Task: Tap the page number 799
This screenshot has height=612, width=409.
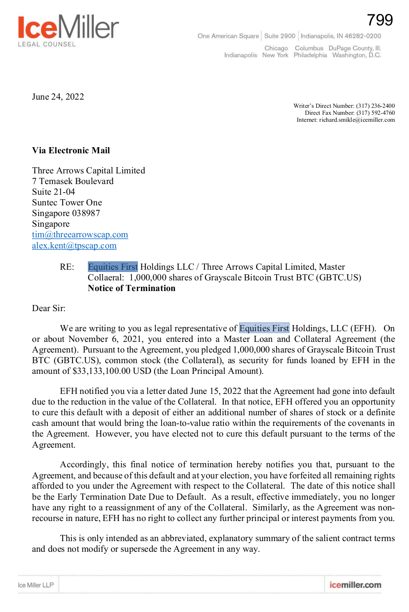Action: coord(380,20)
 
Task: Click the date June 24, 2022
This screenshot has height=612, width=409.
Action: coord(58,97)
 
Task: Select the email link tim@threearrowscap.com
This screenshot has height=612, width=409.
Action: coord(80,234)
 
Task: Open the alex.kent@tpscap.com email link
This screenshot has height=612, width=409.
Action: coord(74,246)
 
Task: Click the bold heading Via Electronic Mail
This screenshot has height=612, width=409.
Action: coord(71,150)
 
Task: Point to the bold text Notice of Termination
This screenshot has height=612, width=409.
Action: coord(132,288)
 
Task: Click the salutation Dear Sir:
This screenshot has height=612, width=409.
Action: coord(49,308)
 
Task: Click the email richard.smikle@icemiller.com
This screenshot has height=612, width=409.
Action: coord(357,120)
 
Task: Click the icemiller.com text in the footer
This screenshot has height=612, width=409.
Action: coord(355,585)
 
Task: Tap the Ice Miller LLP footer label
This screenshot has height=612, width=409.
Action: coord(36,585)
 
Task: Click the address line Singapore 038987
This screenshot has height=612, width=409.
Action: coord(66,213)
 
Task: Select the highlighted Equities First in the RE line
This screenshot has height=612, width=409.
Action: coord(113,267)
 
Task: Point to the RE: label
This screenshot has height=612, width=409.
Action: coord(67,267)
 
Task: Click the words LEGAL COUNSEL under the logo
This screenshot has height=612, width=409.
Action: coord(47,44)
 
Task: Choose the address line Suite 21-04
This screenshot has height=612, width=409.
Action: coord(54,192)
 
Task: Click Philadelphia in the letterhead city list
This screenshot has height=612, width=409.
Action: coord(310,55)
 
